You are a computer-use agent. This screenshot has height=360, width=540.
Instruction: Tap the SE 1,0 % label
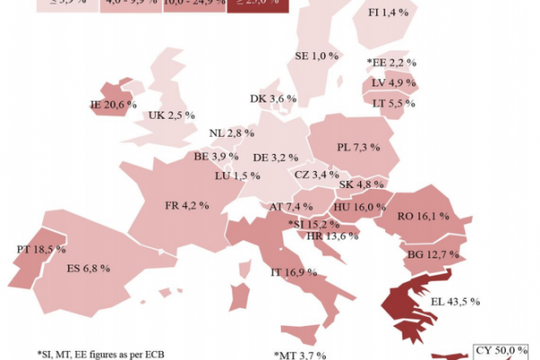point(318,56)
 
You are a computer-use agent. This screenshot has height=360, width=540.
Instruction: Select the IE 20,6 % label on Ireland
point(112,104)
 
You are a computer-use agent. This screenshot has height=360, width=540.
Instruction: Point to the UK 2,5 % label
point(171,116)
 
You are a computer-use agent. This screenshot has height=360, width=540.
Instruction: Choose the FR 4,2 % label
point(186,205)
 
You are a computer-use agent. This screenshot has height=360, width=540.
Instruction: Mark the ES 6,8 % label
point(87,268)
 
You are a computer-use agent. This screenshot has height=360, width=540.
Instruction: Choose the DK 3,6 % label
point(273,99)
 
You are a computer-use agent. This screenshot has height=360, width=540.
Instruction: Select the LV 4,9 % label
point(392,83)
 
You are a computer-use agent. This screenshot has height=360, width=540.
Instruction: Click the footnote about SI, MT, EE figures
point(101,352)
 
